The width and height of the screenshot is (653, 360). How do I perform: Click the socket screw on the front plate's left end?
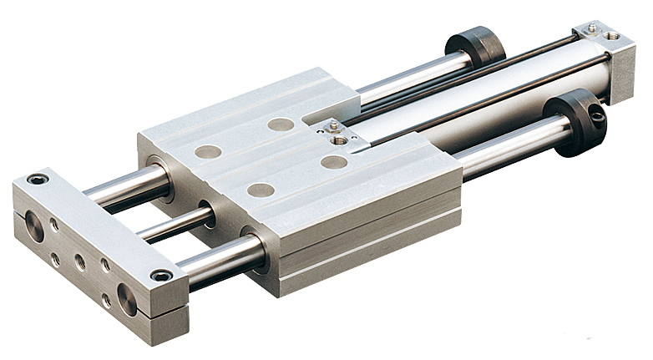coord(36,179)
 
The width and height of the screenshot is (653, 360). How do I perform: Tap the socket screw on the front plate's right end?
coord(161,276)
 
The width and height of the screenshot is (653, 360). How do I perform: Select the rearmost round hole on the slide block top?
coord(281,124)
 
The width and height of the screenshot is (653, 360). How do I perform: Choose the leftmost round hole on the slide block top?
coord(208,152)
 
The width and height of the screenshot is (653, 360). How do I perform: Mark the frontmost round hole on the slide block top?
coord(260,190)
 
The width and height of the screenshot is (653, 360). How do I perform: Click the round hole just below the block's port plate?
coord(334,161)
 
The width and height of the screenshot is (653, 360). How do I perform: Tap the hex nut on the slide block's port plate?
coord(333,126)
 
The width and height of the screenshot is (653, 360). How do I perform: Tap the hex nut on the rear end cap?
coord(592,28)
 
